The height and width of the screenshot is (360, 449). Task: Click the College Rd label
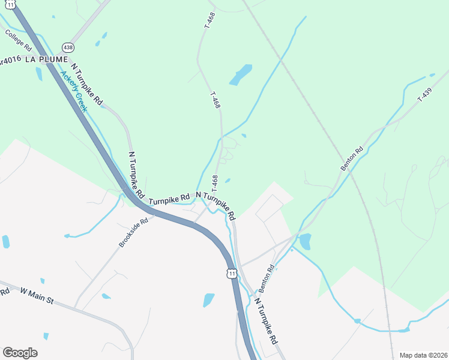[18, 40]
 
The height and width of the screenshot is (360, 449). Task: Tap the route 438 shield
[68, 47]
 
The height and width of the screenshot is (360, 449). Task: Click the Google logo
[20, 352]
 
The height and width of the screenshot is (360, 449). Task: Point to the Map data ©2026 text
[423, 355]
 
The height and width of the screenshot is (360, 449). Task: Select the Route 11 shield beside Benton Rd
[232, 274]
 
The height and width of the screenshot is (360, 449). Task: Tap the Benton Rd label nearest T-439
[352, 159]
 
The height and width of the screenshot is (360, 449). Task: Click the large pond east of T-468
[241, 74]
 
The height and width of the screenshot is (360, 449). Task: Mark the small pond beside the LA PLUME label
[39, 74]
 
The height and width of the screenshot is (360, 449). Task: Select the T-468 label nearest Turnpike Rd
[214, 184]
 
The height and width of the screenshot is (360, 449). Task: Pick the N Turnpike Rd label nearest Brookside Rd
[137, 175]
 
